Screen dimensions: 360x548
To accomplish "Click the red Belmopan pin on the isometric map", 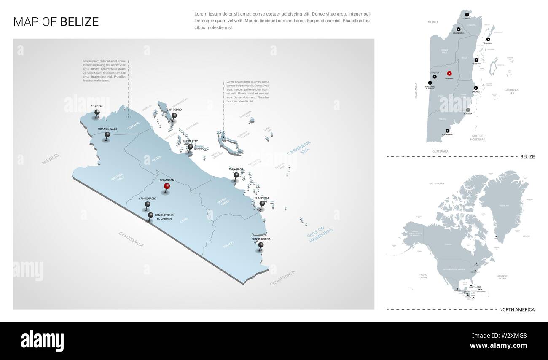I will point(167,186).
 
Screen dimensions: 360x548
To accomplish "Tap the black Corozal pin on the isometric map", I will point(97,113).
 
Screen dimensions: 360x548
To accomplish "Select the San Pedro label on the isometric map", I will point(174,110).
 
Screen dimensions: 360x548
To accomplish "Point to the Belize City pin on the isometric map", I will point(190,147).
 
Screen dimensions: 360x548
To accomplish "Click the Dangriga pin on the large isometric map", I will point(236,175).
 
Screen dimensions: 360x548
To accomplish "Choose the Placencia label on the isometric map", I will point(262,198).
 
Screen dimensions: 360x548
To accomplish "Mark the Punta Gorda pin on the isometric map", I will point(261,245).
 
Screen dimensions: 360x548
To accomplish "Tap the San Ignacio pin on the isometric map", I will point(148,204).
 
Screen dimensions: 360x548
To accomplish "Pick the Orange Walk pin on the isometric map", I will point(107,135).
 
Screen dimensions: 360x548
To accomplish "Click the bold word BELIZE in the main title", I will point(79,22).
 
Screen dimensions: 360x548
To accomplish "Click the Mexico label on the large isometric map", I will point(50,159).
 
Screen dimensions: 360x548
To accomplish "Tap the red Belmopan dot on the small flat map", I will point(449,73).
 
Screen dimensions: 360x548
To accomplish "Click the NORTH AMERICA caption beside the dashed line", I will point(516,309).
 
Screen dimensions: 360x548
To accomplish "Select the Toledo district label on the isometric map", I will point(228,244).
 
